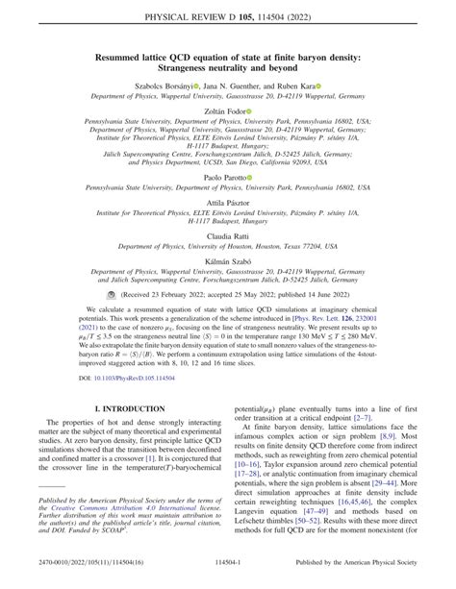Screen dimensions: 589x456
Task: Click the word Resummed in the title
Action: coord(127,58)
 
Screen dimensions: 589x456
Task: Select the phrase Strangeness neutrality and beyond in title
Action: coord(227,69)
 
